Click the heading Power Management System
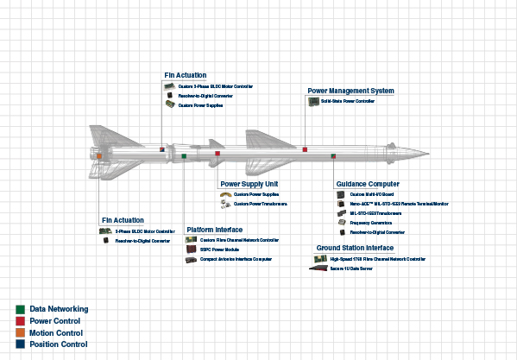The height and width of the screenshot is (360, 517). pyautogui.click(x=351, y=91)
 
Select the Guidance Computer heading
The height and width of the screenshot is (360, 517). pyautogui.click(x=366, y=184)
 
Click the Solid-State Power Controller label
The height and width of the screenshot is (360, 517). pyautogui.click(x=348, y=101)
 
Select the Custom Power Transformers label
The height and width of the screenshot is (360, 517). pyautogui.click(x=261, y=205)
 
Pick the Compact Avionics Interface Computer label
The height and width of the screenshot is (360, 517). pyautogui.click(x=236, y=259)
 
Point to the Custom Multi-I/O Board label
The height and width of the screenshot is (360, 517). pyautogui.click(x=372, y=194)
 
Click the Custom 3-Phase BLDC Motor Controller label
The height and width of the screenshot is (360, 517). pyautogui.click(x=215, y=86)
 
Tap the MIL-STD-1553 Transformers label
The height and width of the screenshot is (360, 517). pyautogui.click(x=376, y=212)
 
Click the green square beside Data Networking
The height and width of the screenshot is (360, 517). pyautogui.click(x=19, y=308)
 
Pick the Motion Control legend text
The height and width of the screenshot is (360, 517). pyautogui.click(x=56, y=332)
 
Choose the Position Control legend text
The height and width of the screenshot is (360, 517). pyautogui.click(x=58, y=344)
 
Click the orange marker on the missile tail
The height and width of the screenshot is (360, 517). pyautogui.click(x=99, y=155)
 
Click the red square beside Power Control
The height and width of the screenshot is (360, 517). pyautogui.click(x=19, y=320)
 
